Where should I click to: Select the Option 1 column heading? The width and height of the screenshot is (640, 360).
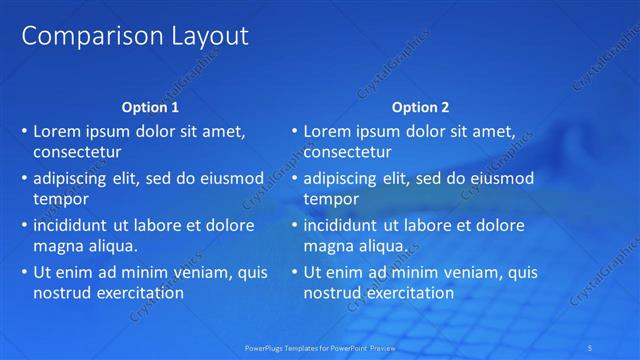coord(150,107)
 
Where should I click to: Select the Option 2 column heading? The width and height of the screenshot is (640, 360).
coord(420,107)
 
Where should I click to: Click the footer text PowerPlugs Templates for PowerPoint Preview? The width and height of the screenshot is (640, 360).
coord(319,348)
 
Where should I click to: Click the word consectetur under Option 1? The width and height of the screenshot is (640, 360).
coord(77,153)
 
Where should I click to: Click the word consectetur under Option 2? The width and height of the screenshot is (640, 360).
coord(347,153)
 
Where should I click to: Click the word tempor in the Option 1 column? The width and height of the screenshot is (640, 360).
coord(60,199)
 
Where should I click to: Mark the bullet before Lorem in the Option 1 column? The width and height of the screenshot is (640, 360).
coord(24,131)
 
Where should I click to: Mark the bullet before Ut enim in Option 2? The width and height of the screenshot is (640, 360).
coord(294,271)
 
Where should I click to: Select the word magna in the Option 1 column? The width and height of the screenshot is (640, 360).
coord(57,245)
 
